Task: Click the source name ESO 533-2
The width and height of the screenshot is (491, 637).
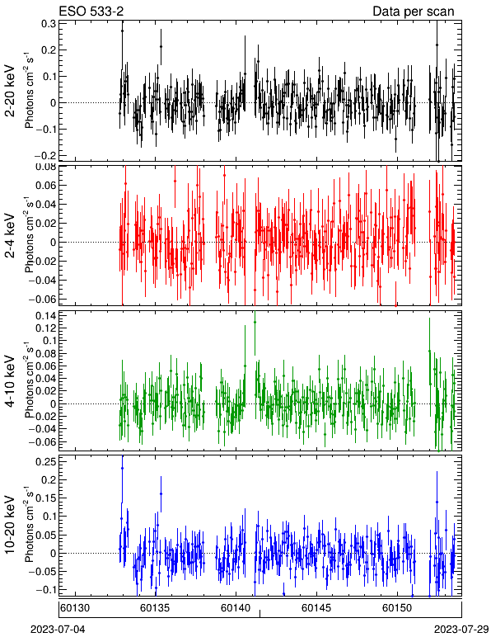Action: (91, 11)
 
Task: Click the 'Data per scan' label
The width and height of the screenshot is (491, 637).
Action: (414, 12)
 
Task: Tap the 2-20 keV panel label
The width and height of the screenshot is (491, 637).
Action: (10, 91)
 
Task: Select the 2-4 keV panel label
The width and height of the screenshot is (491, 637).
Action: (10, 236)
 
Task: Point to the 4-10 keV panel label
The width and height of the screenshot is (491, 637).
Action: (10, 381)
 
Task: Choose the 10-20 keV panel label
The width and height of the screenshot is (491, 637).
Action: (10, 524)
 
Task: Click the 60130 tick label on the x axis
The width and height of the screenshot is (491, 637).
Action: (75, 608)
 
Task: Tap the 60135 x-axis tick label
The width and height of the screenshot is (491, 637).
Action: (155, 608)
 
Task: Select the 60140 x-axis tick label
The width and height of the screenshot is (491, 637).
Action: (236, 608)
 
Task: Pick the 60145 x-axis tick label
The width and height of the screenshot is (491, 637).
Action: (316, 608)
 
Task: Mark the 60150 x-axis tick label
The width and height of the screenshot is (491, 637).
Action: (396, 608)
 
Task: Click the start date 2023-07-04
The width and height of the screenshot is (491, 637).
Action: (58, 630)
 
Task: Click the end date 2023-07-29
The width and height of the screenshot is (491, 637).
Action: (461, 630)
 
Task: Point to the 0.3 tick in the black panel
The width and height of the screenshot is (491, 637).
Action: (49, 24)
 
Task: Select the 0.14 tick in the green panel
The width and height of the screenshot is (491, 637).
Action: (45, 316)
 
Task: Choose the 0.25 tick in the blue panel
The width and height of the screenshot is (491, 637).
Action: (45, 462)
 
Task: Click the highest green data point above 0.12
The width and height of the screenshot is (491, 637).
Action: (255, 322)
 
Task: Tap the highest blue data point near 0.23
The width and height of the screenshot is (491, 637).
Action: (122, 469)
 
